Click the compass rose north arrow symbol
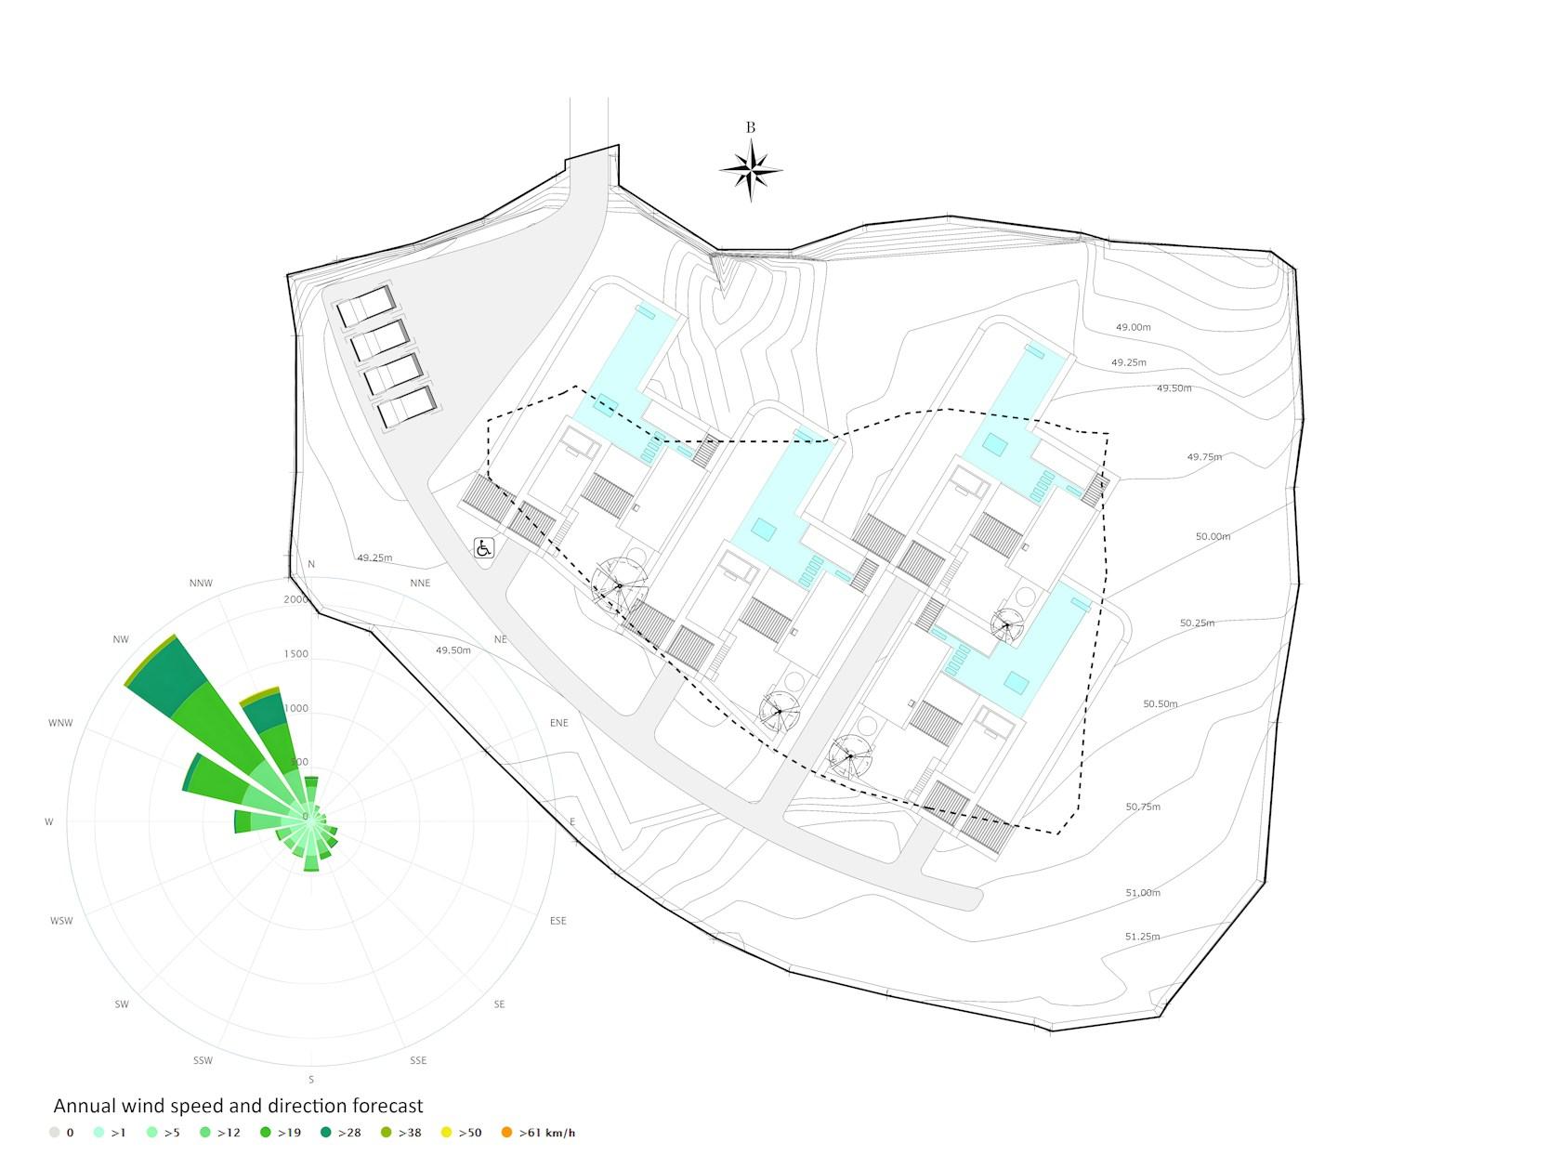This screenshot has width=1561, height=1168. tap(750, 171)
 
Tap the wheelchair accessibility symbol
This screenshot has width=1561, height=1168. tap(483, 547)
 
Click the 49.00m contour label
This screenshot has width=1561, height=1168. tap(1133, 327)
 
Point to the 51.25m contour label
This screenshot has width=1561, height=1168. tap(1142, 937)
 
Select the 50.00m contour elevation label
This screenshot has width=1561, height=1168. tap(1213, 536)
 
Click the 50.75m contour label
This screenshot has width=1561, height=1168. tap(1143, 807)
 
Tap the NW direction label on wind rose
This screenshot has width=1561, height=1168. tap(121, 639)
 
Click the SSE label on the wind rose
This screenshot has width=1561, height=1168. tap(418, 1060)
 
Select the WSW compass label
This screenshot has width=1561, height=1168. tap(61, 921)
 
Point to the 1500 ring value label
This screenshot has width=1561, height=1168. tap(295, 653)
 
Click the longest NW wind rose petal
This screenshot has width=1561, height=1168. tap(214, 718)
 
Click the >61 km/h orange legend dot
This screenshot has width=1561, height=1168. tap(506, 1133)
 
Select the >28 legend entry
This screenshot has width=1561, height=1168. tap(341, 1133)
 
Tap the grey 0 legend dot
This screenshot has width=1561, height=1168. tap(54, 1133)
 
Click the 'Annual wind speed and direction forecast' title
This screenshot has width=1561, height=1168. tap(238, 1106)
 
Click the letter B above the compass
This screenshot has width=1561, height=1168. tap(750, 127)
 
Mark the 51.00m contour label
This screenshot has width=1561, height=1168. tap(1143, 892)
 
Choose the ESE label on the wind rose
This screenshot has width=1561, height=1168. tap(558, 921)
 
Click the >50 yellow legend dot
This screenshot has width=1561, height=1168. tap(446, 1133)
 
